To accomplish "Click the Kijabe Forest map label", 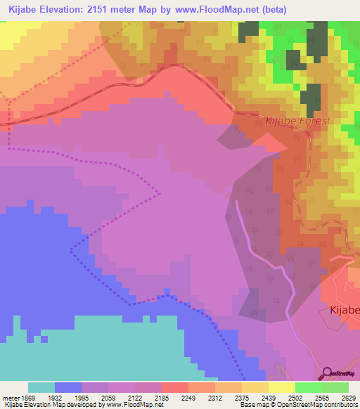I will pos(297,121).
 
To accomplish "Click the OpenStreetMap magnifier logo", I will pos(327,373).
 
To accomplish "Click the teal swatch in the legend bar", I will pos(41,387).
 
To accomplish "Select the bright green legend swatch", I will pos(308,387).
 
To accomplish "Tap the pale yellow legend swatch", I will pos(255,387).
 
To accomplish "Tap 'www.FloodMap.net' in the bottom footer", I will pos(124,405).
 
